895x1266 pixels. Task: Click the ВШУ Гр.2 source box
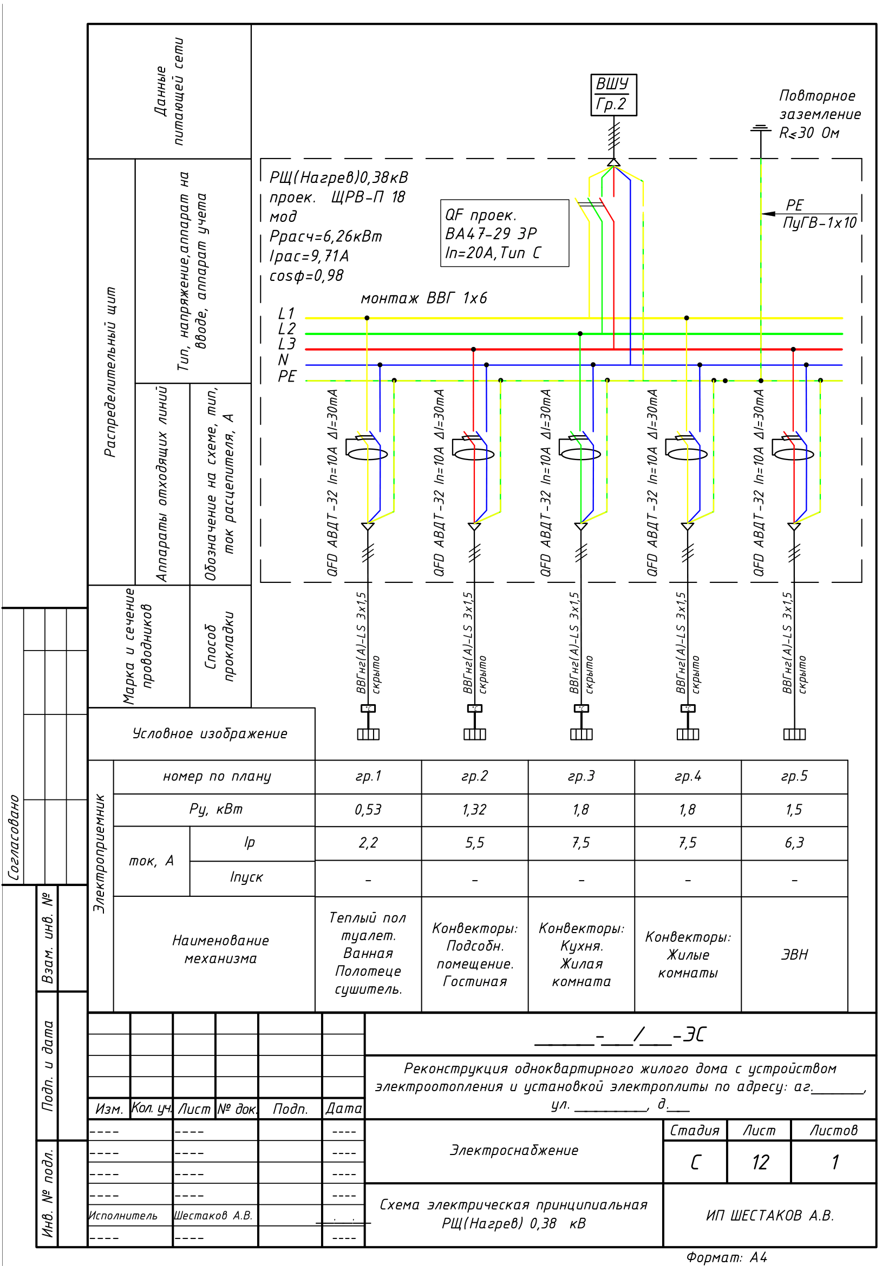pyautogui.click(x=613, y=95)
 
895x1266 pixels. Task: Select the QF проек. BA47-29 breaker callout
pyautogui.click(x=504, y=233)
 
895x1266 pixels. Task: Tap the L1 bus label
pyautogui.click(x=286, y=313)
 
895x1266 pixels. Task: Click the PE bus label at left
pyautogui.click(x=287, y=376)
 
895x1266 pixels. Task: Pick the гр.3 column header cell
pyautogui.click(x=581, y=776)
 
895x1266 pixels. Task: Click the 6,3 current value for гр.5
pyautogui.click(x=794, y=843)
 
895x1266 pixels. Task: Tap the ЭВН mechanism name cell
pyautogui.click(x=794, y=954)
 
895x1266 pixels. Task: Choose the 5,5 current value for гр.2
pyautogui.click(x=474, y=843)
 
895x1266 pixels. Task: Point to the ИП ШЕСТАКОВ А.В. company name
pyautogui.click(x=770, y=1215)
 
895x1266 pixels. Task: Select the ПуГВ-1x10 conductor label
pyautogui.click(x=819, y=223)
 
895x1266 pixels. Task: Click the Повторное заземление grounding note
pyautogui.click(x=819, y=114)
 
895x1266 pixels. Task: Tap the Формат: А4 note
pyautogui.click(x=726, y=1257)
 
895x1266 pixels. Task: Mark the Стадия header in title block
pyautogui.click(x=694, y=1130)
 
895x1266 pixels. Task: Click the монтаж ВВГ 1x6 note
pyautogui.click(x=423, y=298)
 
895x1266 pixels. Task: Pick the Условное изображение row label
pyautogui.click(x=210, y=733)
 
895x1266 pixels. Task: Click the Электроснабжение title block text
pyautogui.click(x=514, y=1150)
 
